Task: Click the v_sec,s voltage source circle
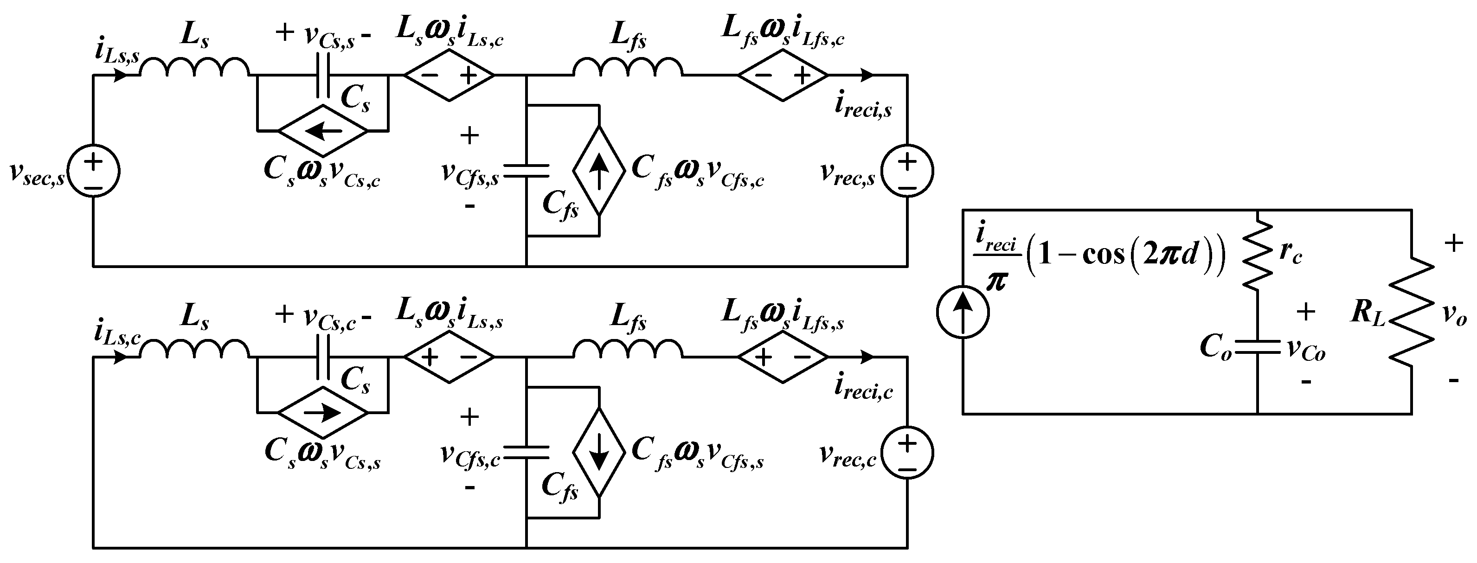[93, 171]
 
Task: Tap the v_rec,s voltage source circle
[907, 171]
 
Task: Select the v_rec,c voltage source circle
[907, 453]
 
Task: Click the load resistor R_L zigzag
[1411, 313]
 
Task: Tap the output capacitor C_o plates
[1258, 347]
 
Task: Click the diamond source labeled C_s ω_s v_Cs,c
[323, 131]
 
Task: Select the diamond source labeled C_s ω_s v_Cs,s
[323, 412]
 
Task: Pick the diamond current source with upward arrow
[599, 171]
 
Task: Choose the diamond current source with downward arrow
[599, 453]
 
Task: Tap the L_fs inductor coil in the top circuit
[628, 68]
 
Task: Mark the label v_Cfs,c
[470, 455]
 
